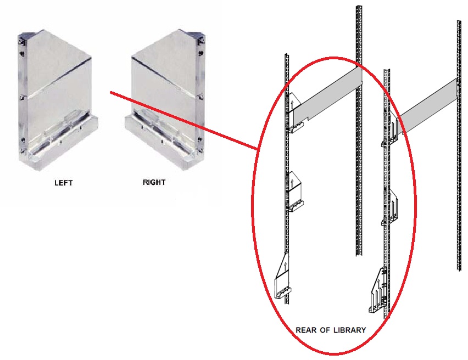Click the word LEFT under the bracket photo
click(x=63, y=183)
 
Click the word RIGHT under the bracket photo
click(x=154, y=182)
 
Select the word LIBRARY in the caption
click(x=349, y=330)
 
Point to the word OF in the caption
click(x=325, y=330)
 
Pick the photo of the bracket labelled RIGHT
click(x=166, y=99)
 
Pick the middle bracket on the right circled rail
click(x=391, y=206)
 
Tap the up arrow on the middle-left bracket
click(x=292, y=182)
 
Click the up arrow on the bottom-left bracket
click(x=286, y=266)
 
